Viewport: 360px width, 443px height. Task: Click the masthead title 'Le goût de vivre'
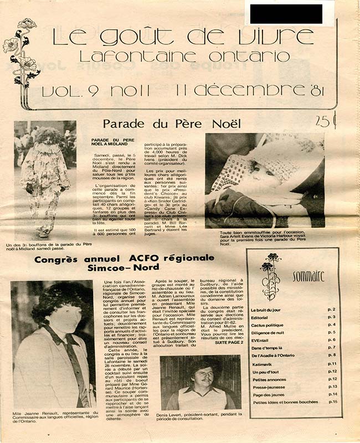[x=182, y=36]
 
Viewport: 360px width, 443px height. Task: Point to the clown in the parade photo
[x=44, y=177]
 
